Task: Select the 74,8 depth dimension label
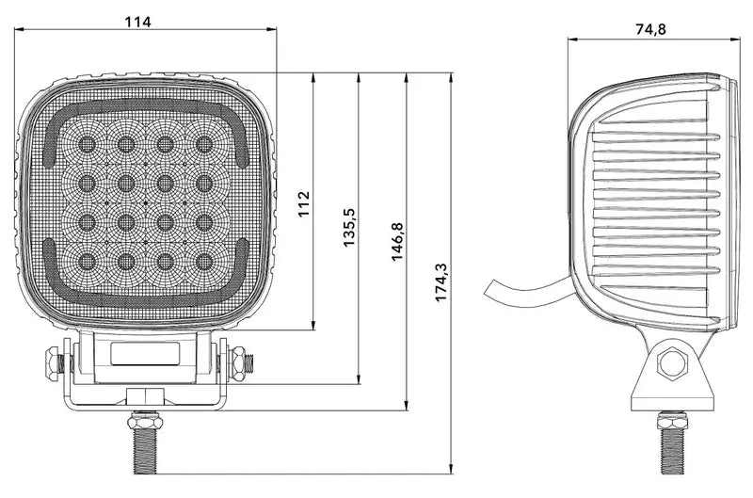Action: [x=650, y=29]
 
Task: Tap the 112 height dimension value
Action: [x=303, y=203]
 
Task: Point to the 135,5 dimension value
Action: [x=349, y=229]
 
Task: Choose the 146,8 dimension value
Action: [x=396, y=242]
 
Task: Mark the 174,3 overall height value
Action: [x=441, y=282]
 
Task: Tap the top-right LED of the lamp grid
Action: [x=203, y=143]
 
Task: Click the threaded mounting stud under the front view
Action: [x=145, y=448]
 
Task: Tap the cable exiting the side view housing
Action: [x=527, y=287]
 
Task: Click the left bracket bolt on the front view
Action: [x=53, y=360]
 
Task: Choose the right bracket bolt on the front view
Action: [x=241, y=359]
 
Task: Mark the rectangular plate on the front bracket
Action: [x=146, y=354]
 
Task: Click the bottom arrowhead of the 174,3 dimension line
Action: [x=453, y=467]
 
